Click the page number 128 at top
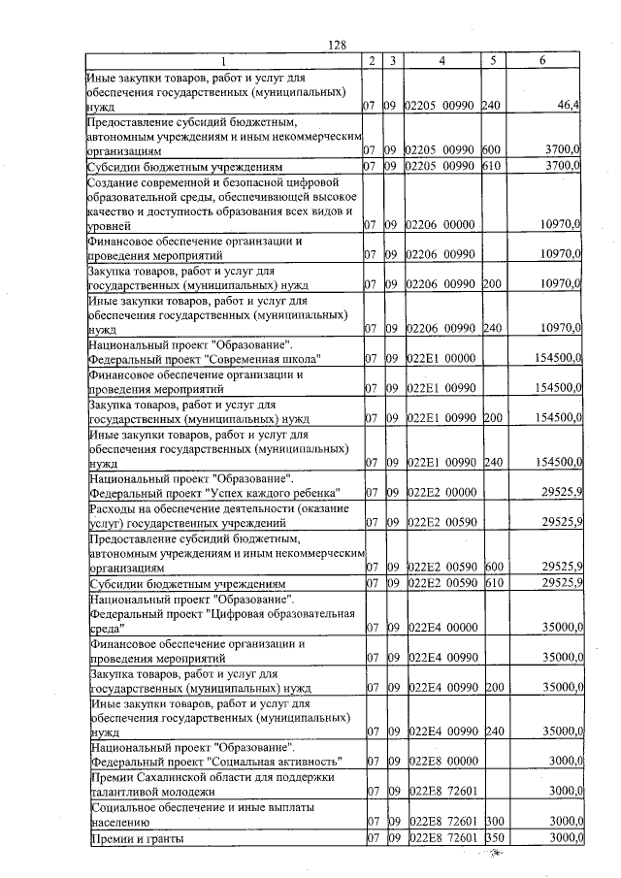[337, 46]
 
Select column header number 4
[441, 61]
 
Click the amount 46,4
[567, 104]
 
